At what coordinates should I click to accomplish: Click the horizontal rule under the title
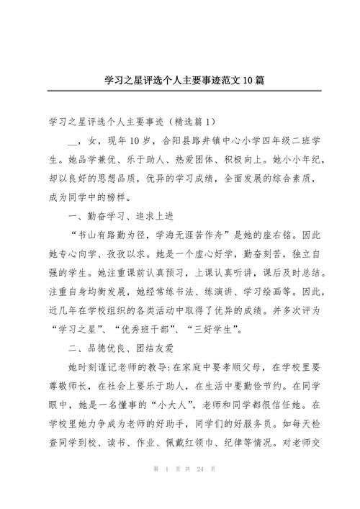tap(180, 91)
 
